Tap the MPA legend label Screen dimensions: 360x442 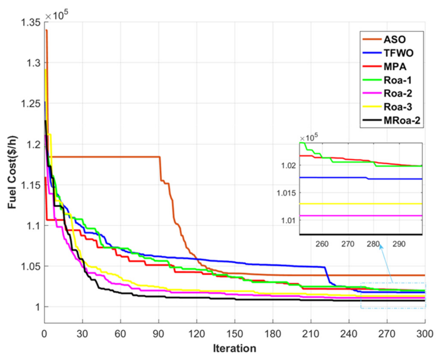click(395, 67)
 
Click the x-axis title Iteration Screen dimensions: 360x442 click(235, 348)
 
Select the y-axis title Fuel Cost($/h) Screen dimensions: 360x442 click(12, 172)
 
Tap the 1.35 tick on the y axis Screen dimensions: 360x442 click(31, 22)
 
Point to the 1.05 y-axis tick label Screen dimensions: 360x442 click(31, 266)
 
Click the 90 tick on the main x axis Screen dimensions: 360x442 click(158, 334)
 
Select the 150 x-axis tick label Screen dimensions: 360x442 click(235, 334)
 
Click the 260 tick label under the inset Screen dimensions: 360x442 click(322, 244)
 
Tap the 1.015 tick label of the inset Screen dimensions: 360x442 click(287, 193)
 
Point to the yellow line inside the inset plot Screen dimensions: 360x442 click(360, 204)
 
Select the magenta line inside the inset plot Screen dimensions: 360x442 click(360, 216)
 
